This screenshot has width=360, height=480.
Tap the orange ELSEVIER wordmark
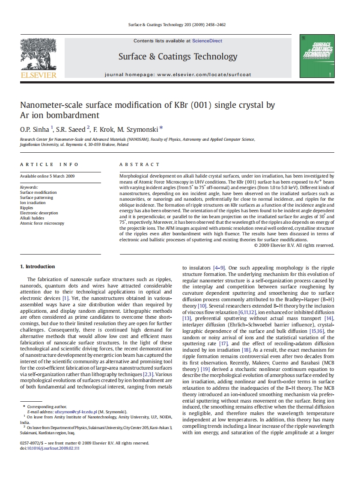point(38,75)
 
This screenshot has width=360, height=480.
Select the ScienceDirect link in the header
point(207,41)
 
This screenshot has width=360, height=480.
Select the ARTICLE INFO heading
point(49,164)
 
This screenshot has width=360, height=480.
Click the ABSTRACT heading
point(140,164)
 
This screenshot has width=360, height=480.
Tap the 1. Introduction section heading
point(38,267)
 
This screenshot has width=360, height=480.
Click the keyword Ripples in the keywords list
point(27,208)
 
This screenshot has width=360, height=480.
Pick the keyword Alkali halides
point(32,218)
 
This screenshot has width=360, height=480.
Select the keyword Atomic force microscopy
point(42,223)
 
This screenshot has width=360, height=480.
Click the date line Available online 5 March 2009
point(47,176)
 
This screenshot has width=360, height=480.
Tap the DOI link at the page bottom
point(53,448)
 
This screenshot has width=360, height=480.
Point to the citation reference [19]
point(205,369)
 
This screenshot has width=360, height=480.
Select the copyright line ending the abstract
point(294,246)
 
